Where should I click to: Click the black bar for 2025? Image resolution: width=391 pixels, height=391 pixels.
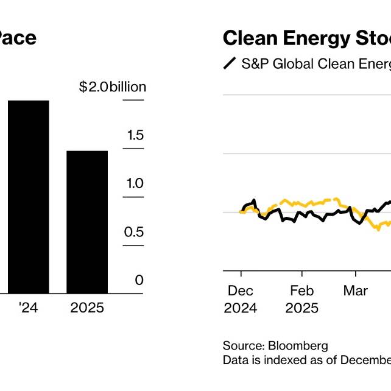click(87, 222)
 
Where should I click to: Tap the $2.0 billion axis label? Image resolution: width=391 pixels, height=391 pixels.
click(113, 87)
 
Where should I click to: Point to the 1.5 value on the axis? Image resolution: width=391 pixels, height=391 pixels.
click(135, 135)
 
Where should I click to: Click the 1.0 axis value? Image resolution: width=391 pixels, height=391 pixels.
click(135, 183)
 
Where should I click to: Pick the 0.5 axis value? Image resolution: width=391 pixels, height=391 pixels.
click(134, 232)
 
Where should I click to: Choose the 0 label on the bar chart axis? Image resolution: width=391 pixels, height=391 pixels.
click(139, 280)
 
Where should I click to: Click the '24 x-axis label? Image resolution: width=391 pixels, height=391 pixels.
click(29, 309)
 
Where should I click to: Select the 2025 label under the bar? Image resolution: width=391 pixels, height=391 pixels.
click(87, 309)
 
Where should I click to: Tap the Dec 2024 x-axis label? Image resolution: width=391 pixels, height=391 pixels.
click(241, 299)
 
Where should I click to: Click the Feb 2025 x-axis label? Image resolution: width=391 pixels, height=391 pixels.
click(302, 299)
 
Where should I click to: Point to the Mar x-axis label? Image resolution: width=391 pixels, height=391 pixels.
click(356, 291)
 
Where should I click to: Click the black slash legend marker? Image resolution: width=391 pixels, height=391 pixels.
click(230, 63)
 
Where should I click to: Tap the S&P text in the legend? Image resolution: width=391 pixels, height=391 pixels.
click(255, 63)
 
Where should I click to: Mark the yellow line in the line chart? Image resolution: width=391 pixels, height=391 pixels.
click(305, 202)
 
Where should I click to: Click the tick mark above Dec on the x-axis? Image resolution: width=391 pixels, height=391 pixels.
click(241, 274)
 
